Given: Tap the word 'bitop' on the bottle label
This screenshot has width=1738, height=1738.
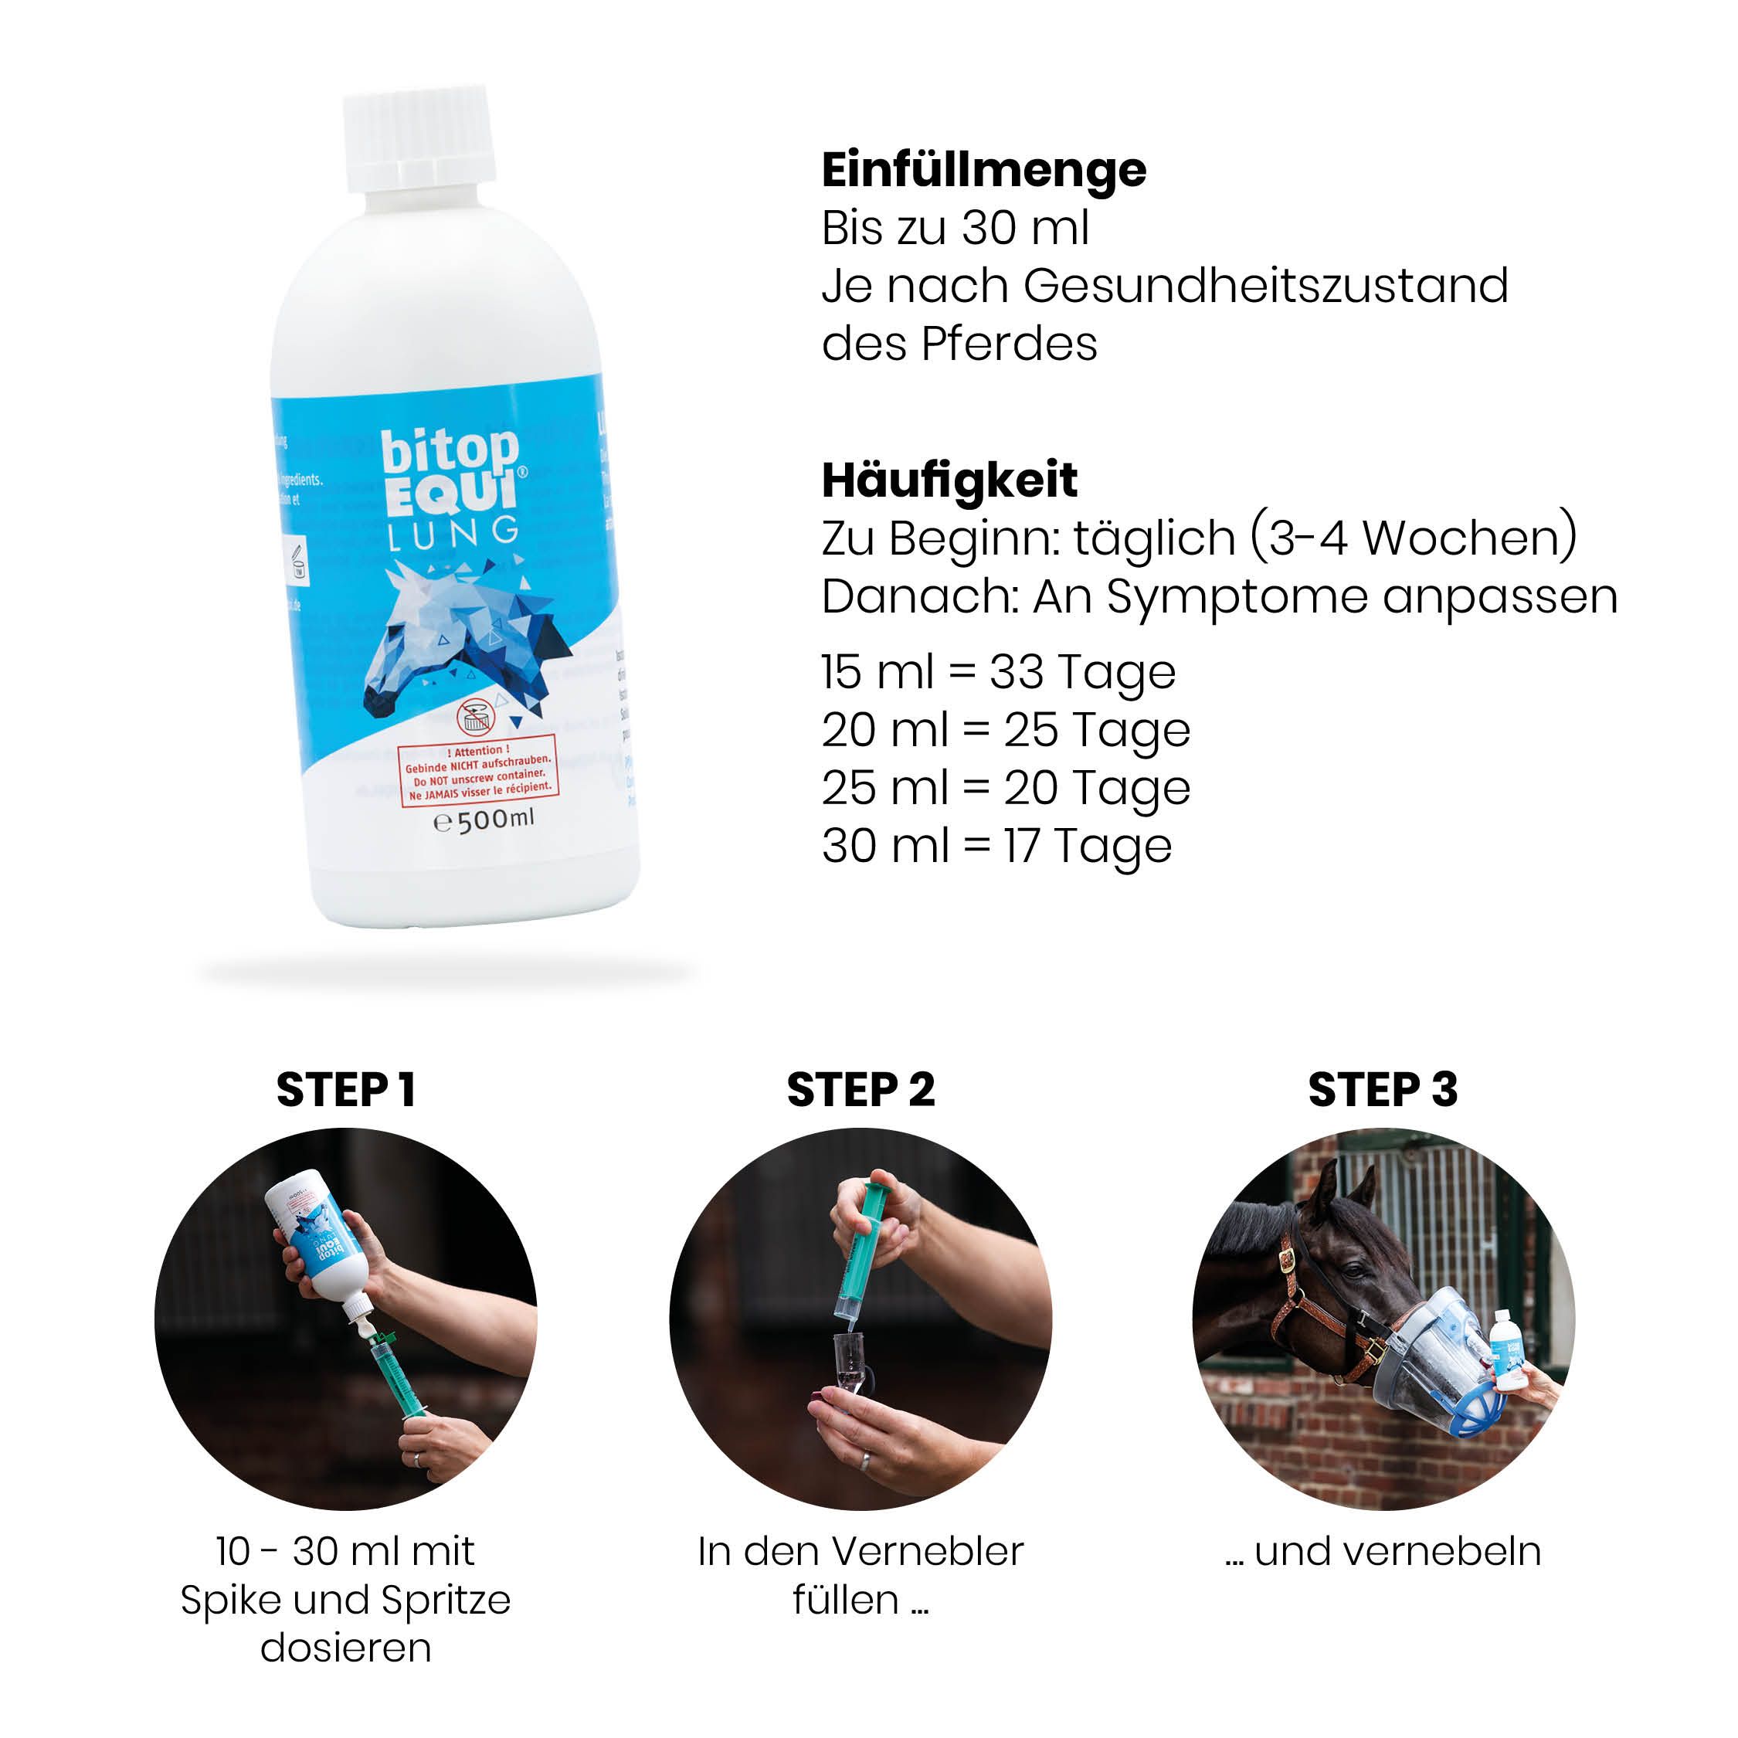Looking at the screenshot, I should [450, 452].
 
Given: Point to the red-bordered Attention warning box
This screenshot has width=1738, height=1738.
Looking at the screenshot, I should [480, 772].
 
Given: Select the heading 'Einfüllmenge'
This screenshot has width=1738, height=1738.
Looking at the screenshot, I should [983, 170].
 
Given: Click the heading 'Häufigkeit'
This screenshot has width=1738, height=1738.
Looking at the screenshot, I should [949, 480].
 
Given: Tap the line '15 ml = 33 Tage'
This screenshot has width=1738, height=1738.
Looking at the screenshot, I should [998, 672].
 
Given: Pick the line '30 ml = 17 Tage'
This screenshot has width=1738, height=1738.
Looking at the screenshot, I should [996, 847].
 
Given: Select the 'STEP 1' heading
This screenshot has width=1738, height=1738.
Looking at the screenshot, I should [345, 1090].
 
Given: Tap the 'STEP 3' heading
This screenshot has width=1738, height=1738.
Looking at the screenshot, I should [1382, 1090].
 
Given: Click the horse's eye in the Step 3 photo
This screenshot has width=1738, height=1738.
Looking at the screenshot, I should [1355, 1271].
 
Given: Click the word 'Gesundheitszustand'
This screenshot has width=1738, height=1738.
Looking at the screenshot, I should [1264, 286].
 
